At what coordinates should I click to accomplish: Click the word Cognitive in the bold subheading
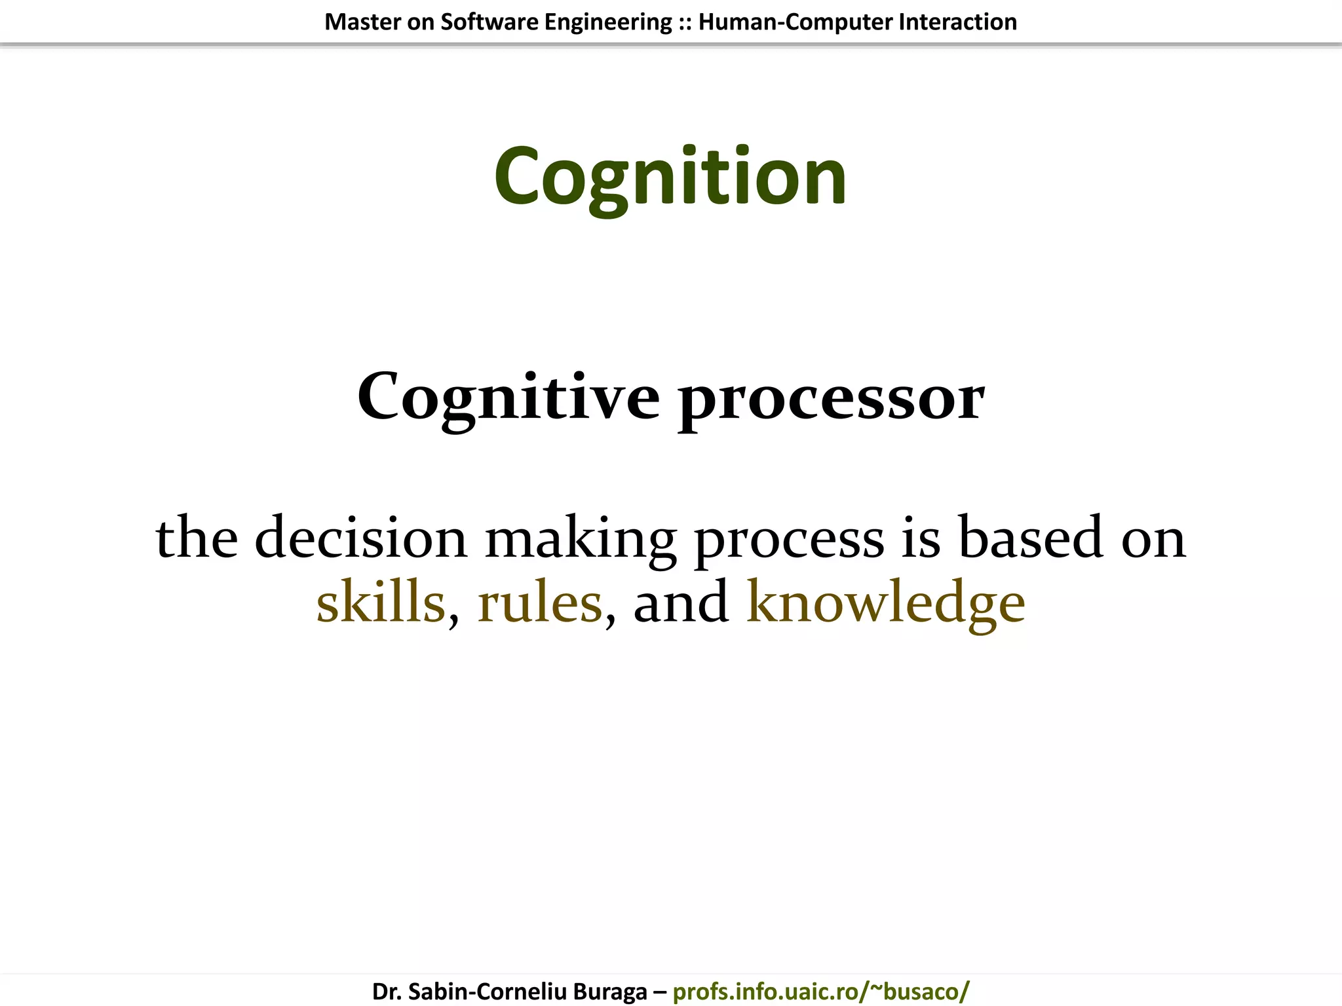coord(508,397)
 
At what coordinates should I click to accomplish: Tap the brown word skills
coord(381,602)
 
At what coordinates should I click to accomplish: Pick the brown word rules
coord(539,602)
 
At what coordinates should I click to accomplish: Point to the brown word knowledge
coord(885,603)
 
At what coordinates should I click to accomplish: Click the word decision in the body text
coord(360,537)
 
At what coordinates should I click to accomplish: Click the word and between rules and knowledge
coord(681,602)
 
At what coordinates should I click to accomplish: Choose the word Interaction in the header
coord(958,22)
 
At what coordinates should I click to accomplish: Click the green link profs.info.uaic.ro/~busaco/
coord(820,992)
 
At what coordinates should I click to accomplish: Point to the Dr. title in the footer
coord(387,992)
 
